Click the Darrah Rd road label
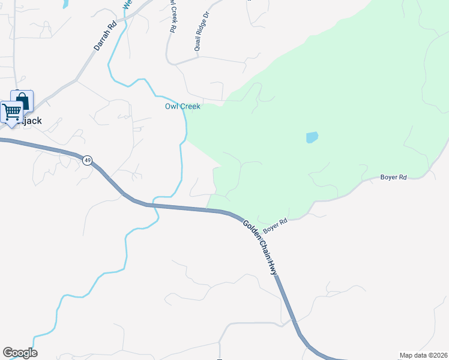click(104, 37)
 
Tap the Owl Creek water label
click(182, 106)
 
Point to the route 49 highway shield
click(88, 160)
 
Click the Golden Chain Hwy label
click(262, 247)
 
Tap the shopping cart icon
click(11, 112)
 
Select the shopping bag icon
click(22, 100)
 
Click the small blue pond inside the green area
click(312, 137)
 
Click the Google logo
click(20, 353)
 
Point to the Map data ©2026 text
click(423, 355)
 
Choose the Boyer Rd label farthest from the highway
click(394, 177)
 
